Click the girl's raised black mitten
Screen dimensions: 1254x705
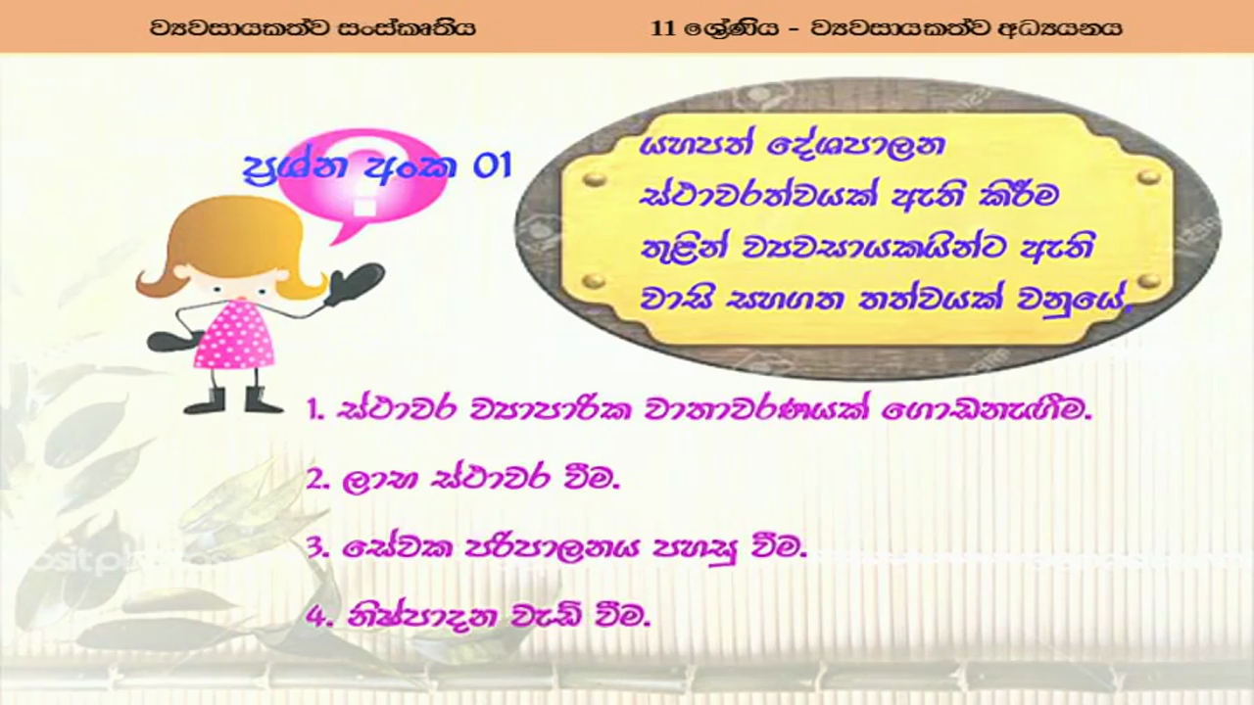coord(355,283)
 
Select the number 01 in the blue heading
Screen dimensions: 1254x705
coord(493,166)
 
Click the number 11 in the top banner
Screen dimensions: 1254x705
coord(663,28)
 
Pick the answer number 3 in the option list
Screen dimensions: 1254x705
coord(318,549)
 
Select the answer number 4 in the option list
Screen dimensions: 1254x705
coord(318,619)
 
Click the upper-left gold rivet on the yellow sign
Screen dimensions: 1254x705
coord(594,179)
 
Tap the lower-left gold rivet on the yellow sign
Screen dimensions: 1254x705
coord(594,280)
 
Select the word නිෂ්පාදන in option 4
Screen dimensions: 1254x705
coord(422,618)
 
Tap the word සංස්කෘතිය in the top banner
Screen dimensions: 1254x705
coord(407,28)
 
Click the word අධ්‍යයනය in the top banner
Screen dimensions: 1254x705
coord(1061,28)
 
